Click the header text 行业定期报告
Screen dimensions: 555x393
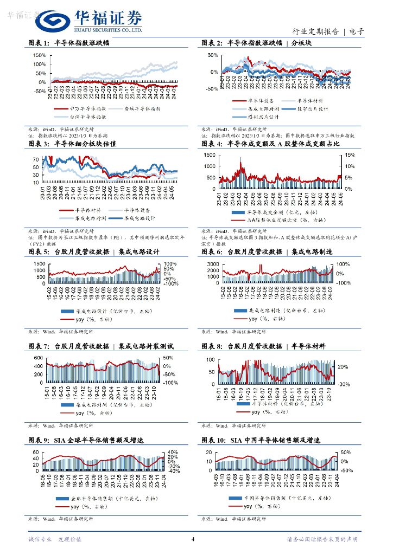coord(315,31)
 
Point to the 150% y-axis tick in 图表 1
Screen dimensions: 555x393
coord(39,55)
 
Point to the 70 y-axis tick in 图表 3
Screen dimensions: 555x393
coord(35,159)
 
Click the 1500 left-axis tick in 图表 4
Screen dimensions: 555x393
coord(209,155)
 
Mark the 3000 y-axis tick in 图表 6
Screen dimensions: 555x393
coord(212,263)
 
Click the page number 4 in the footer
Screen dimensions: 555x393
coord(193,539)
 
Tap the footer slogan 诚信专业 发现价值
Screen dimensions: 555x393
coord(54,539)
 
